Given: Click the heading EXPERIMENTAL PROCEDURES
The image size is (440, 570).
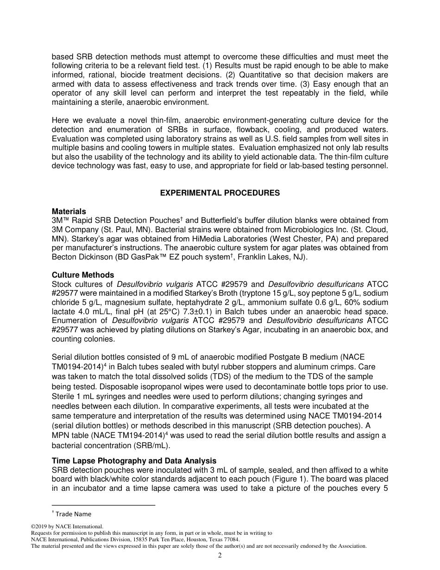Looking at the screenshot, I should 220,193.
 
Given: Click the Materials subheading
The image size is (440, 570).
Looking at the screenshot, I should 69,211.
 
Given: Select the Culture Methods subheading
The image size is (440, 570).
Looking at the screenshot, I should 83,275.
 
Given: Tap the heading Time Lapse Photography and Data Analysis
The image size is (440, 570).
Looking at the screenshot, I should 134,461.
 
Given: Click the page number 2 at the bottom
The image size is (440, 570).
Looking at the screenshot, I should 220,556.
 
